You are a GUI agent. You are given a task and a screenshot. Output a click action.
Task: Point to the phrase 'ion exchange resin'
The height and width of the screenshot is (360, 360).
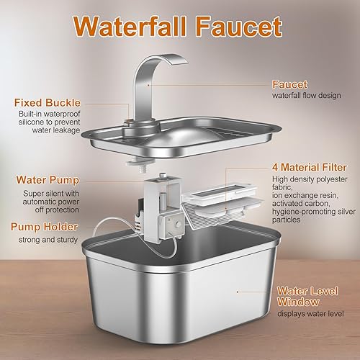[303, 197]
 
